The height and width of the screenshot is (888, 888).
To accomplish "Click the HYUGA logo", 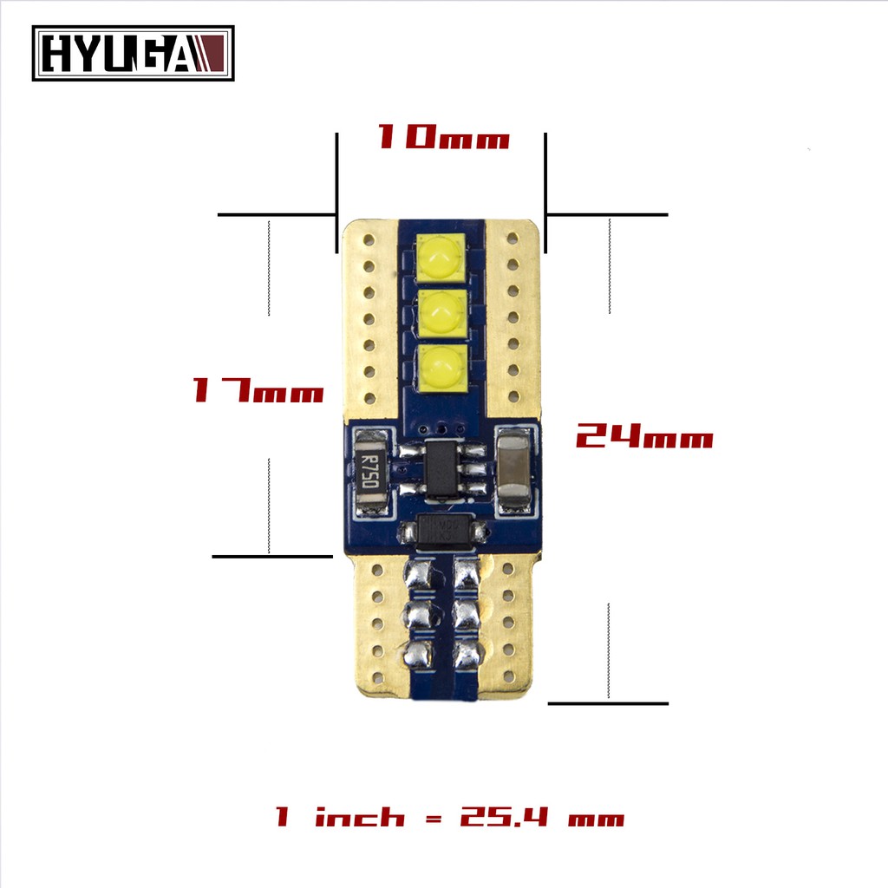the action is click(133, 53).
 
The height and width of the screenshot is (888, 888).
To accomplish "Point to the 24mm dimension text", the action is click(644, 436).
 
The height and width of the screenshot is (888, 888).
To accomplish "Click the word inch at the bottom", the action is click(360, 816).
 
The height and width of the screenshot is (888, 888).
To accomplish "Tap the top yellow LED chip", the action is click(441, 257).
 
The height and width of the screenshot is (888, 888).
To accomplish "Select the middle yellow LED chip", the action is click(441, 312).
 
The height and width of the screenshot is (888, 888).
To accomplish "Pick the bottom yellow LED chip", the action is click(443, 369).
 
